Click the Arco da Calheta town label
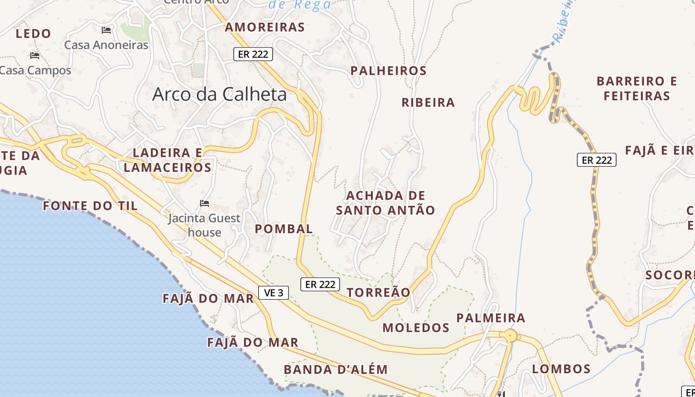219,94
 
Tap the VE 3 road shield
274,293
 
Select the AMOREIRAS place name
265,27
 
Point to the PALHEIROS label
388,71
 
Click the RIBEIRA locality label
428,103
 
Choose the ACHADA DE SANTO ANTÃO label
385,202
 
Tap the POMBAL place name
284,229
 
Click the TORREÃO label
378,293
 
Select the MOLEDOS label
416,328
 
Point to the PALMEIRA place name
490,318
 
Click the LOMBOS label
561,369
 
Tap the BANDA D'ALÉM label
336,369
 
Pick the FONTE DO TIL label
90,205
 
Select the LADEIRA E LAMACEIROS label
168,160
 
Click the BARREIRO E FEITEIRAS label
637,88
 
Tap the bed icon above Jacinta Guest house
204,203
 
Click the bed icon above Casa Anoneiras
106,30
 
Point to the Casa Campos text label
36,70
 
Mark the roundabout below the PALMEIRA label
510,336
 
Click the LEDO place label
33,34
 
